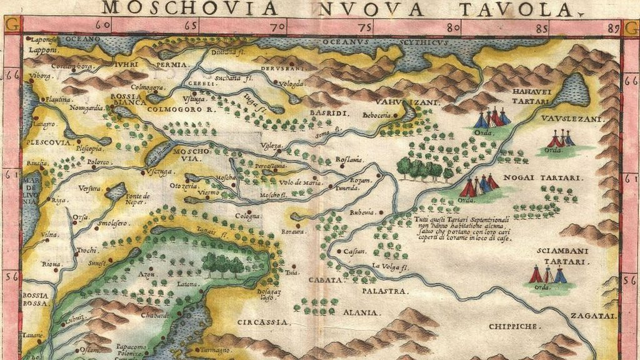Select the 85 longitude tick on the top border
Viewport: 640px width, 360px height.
click(542, 27)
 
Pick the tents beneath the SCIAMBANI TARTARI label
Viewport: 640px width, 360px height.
click(547, 275)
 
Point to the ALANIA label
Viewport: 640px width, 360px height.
click(359, 312)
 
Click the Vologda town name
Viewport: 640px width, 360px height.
click(291, 83)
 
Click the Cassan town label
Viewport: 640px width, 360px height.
click(354, 251)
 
